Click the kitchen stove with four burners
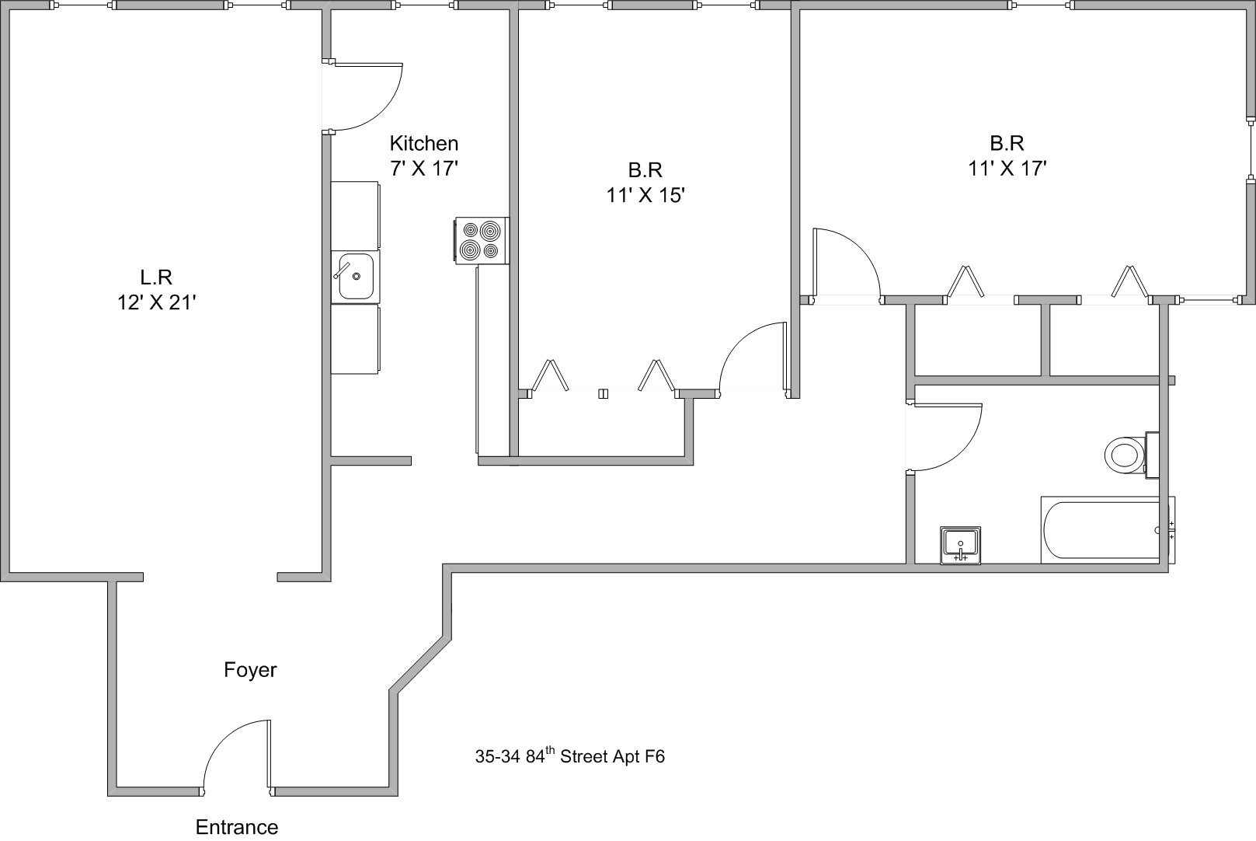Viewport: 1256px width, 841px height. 481,240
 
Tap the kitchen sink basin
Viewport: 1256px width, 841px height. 356,277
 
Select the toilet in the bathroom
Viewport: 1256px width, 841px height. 1125,454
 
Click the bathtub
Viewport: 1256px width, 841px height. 1104,531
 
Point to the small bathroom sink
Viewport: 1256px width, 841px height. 960,544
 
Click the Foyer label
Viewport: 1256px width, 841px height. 250,670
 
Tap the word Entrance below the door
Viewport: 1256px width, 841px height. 237,827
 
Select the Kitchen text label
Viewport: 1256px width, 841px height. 424,144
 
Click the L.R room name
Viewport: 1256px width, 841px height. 155,276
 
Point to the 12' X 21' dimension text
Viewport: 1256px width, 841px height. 155,302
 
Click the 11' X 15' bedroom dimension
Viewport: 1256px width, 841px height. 645,194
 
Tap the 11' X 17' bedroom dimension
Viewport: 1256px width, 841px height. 1007,169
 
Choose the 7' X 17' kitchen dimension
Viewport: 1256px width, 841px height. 424,168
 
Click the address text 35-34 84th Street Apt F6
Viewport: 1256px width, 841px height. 570,756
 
